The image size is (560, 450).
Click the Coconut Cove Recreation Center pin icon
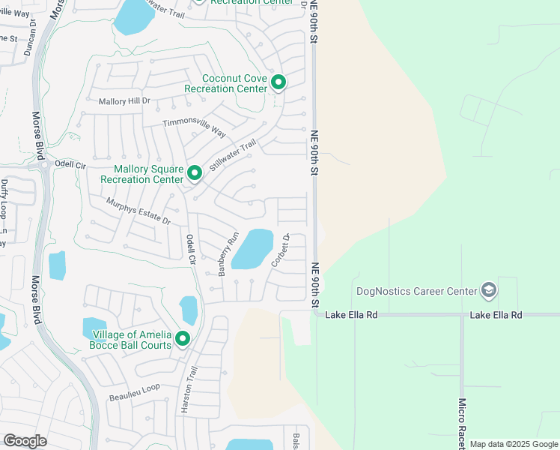(x=278, y=82)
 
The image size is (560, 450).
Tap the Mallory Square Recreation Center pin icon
(x=195, y=173)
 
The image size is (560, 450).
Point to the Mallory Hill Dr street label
(x=124, y=100)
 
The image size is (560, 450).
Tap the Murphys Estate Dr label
(x=139, y=212)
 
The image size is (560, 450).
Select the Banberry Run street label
(x=228, y=254)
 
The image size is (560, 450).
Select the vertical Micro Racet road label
(x=463, y=423)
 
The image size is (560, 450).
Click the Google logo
(x=25, y=440)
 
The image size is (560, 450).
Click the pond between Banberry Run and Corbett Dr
(x=252, y=249)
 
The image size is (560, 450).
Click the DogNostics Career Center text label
(x=425, y=291)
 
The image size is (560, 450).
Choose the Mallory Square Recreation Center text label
(x=142, y=174)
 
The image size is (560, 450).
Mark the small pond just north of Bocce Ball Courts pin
(x=189, y=310)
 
